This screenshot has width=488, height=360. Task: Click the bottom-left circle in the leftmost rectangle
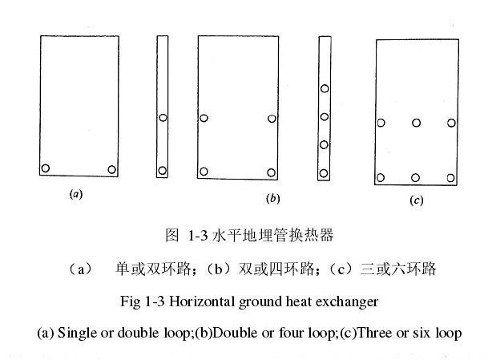coord(46,168)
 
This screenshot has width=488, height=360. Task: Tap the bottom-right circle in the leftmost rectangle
coord(111,168)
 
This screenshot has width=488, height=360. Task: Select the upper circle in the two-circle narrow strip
coord(163,118)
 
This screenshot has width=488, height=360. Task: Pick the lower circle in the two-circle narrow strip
coord(163,170)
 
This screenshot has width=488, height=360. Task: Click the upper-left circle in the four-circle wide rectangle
coord(205,119)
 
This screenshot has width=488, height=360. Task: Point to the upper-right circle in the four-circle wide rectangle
coord(272,119)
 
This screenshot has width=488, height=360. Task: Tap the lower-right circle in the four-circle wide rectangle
coord(272,172)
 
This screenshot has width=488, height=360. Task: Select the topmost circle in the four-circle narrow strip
coord(325,89)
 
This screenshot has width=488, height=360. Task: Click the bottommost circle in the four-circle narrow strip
coord(325,172)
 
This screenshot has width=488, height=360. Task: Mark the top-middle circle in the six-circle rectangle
coord(417,123)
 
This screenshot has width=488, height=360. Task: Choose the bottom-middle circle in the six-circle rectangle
coord(417,177)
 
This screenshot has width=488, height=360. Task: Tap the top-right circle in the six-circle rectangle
coord(451,123)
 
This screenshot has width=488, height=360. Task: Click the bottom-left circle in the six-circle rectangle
coord(381,177)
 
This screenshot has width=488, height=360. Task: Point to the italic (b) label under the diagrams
coord(272,197)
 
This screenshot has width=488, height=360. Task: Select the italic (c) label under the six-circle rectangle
coord(416,200)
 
